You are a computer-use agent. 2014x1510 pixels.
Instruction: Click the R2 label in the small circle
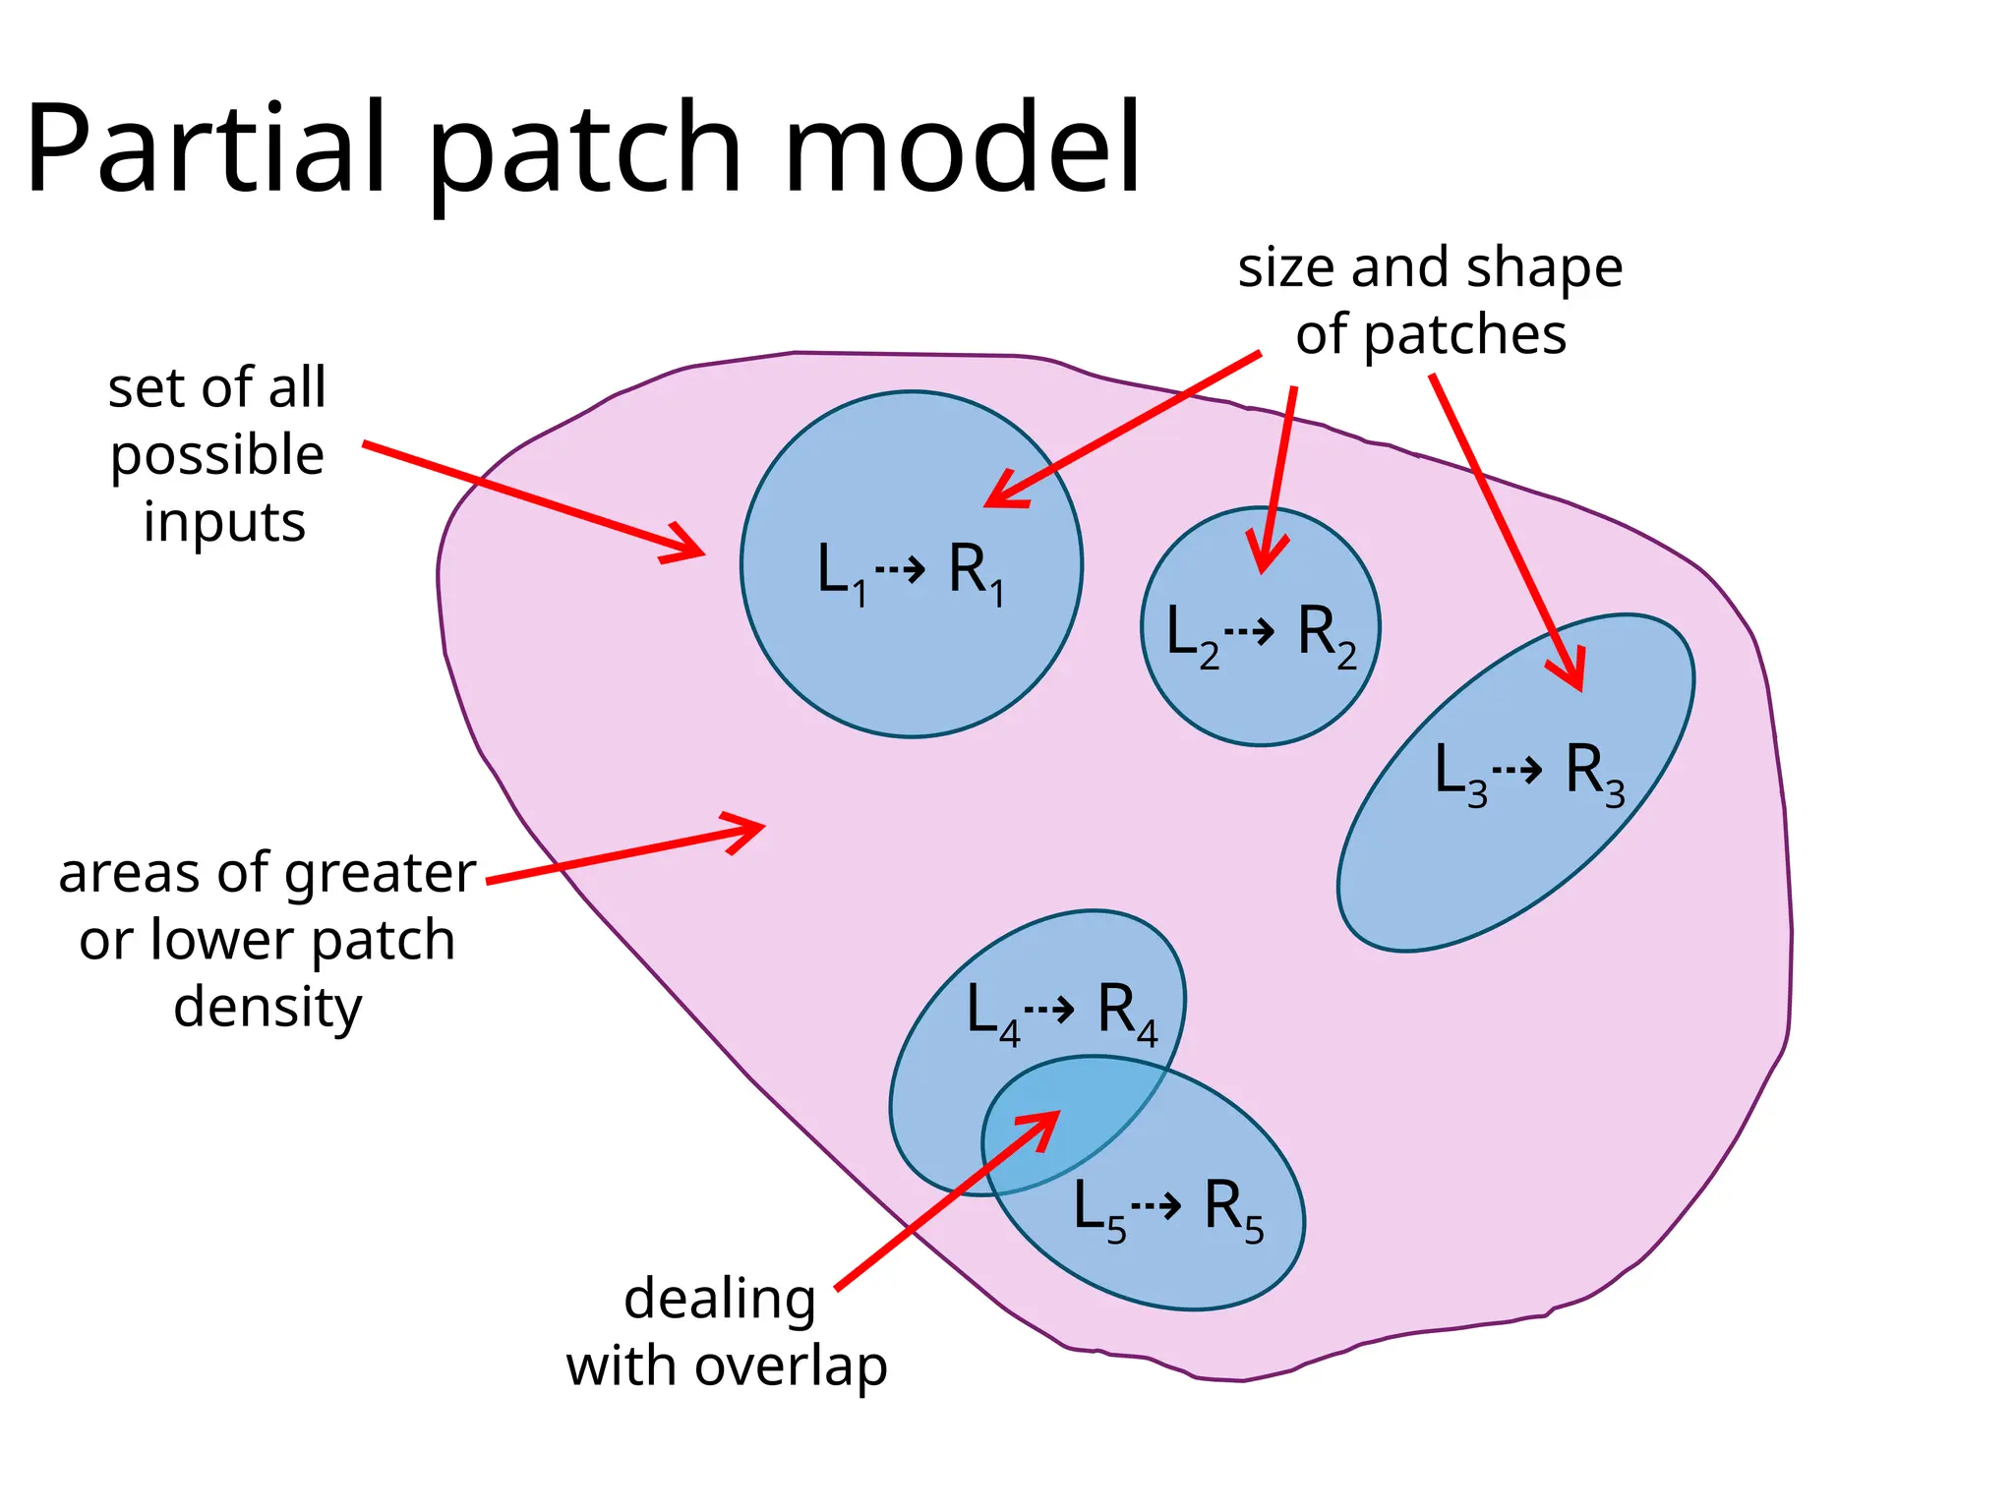pyautogui.click(x=1326, y=634)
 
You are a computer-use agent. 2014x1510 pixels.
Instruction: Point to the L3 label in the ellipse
pyautogui.click(x=1460, y=773)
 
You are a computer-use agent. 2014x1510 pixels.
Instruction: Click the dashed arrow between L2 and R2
pyautogui.click(x=1250, y=630)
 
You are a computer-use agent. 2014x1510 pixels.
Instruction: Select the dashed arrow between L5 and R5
pyautogui.click(x=1156, y=1204)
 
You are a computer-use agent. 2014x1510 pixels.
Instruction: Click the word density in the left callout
pyautogui.click(x=267, y=1009)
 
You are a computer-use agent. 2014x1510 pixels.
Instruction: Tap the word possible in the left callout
pyautogui.click(x=216, y=456)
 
